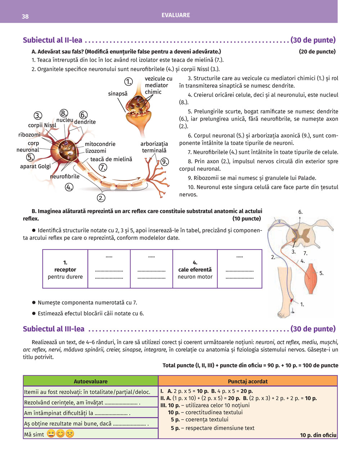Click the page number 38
(25, 17)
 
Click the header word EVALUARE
(176, 15)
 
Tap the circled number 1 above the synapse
(129, 82)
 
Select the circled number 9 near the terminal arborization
(165, 161)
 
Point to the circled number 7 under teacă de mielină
(103, 167)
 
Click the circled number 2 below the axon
(101, 198)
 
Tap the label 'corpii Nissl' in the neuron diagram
(42, 125)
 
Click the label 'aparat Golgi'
(35, 166)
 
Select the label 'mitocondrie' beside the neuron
(100, 144)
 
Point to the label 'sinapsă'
(118, 94)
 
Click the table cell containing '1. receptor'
(65, 269)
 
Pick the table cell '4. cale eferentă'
(195, 269)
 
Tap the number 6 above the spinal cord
(300, 212)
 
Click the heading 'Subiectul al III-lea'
(54, 329)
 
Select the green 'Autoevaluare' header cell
(90, 381)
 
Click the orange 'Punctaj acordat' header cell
(248, 381)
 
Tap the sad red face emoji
(70, 434)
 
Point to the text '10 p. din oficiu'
(318, 435)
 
